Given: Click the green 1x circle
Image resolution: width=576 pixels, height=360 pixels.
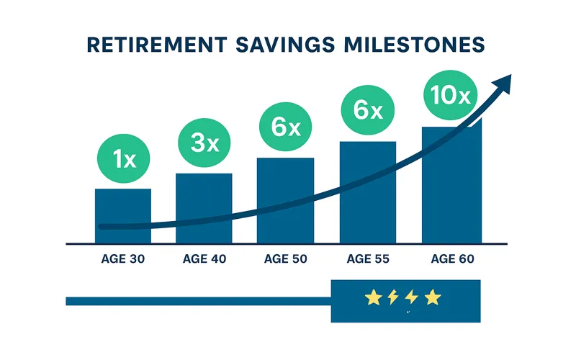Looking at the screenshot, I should [x=125, y=159].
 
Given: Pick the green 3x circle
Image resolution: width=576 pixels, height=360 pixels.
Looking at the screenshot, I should [x=204, y=143].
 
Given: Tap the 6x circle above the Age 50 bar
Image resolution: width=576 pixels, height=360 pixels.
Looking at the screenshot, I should [x=286, y=127].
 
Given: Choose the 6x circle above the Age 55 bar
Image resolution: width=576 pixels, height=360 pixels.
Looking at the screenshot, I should [x=367, y=110].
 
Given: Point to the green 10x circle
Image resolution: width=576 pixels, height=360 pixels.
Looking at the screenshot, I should [x=450, y=95].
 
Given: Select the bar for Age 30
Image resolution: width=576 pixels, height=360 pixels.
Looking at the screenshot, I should [x=123, y=216].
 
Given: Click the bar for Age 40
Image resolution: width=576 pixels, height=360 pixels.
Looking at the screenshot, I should [x=204, y=208].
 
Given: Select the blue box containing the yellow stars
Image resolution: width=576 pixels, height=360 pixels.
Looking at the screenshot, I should [x=405, y=300].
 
